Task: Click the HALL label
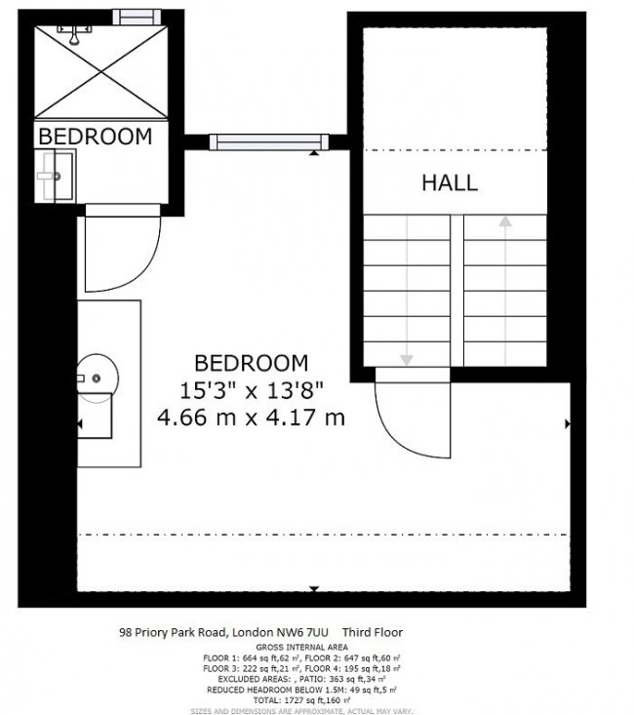click(x=450, y=182)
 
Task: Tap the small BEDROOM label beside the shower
click(x=95, y=136)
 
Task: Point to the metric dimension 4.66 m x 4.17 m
click(x=252, y=417)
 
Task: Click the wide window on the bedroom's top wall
click(x=265, y=142)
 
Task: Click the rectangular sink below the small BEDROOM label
click(x=55, y=177)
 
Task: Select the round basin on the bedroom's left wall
click(x=96, y=377)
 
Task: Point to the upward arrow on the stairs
click(x=504, y=222)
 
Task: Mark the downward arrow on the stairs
click(x=407, y=359)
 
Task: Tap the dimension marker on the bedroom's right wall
click(x=568, y=423)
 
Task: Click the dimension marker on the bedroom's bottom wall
click(x=314, y=588)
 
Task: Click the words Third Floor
click(x=373, y=632)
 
